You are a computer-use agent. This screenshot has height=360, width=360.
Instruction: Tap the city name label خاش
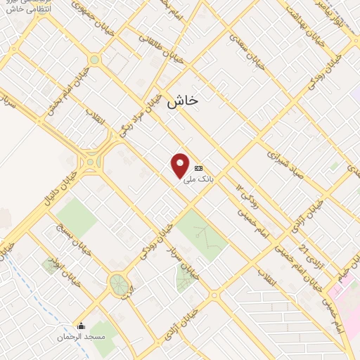click(183, 101)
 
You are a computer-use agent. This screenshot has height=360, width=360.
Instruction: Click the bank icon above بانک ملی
click(199, 169)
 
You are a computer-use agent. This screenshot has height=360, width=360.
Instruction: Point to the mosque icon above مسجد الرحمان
click(81, 326)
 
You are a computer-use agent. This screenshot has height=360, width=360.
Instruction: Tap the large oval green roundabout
click(120, 285)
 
